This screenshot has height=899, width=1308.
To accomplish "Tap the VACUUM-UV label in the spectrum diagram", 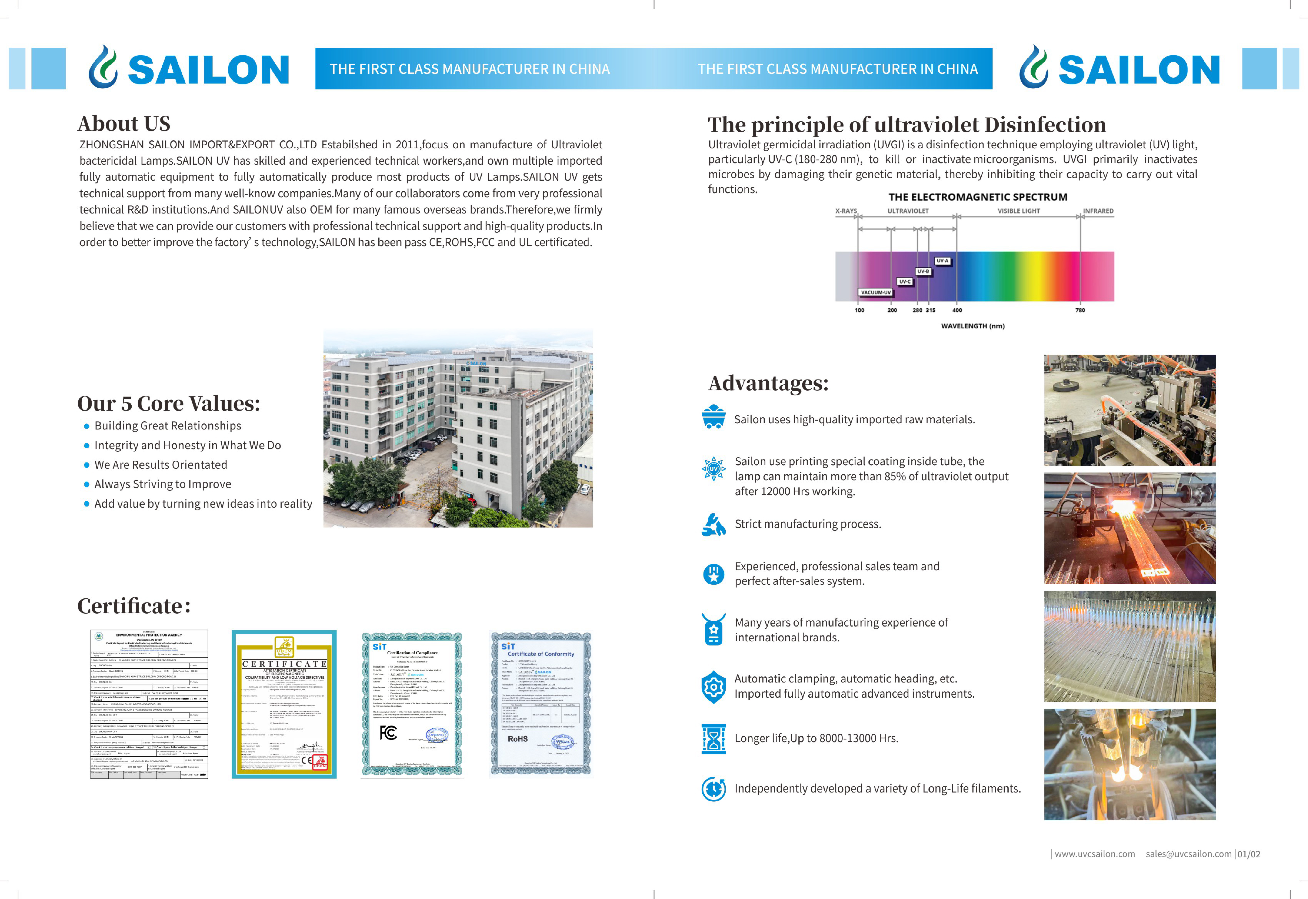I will pos(876,292).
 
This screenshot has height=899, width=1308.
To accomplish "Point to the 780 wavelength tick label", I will pos(1080,310).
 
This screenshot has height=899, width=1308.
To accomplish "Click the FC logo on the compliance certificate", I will pos(388,733).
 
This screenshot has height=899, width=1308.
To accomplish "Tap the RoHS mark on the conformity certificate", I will pos(518,739).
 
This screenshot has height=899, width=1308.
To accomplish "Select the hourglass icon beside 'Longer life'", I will pos(714,739).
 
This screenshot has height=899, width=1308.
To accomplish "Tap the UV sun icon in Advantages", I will pos(714,469).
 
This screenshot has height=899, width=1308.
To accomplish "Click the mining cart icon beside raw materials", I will pos(714,417).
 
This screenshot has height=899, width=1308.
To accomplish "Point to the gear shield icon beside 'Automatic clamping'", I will pos(714,687).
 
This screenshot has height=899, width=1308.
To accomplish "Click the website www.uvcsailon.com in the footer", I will pos(1094,854).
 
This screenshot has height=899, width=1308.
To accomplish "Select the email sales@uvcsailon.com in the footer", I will pos(1189,854).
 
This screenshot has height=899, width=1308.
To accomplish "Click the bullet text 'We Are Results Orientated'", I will pos(161,465).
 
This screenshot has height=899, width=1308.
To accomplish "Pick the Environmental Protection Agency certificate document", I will pos(149,704).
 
